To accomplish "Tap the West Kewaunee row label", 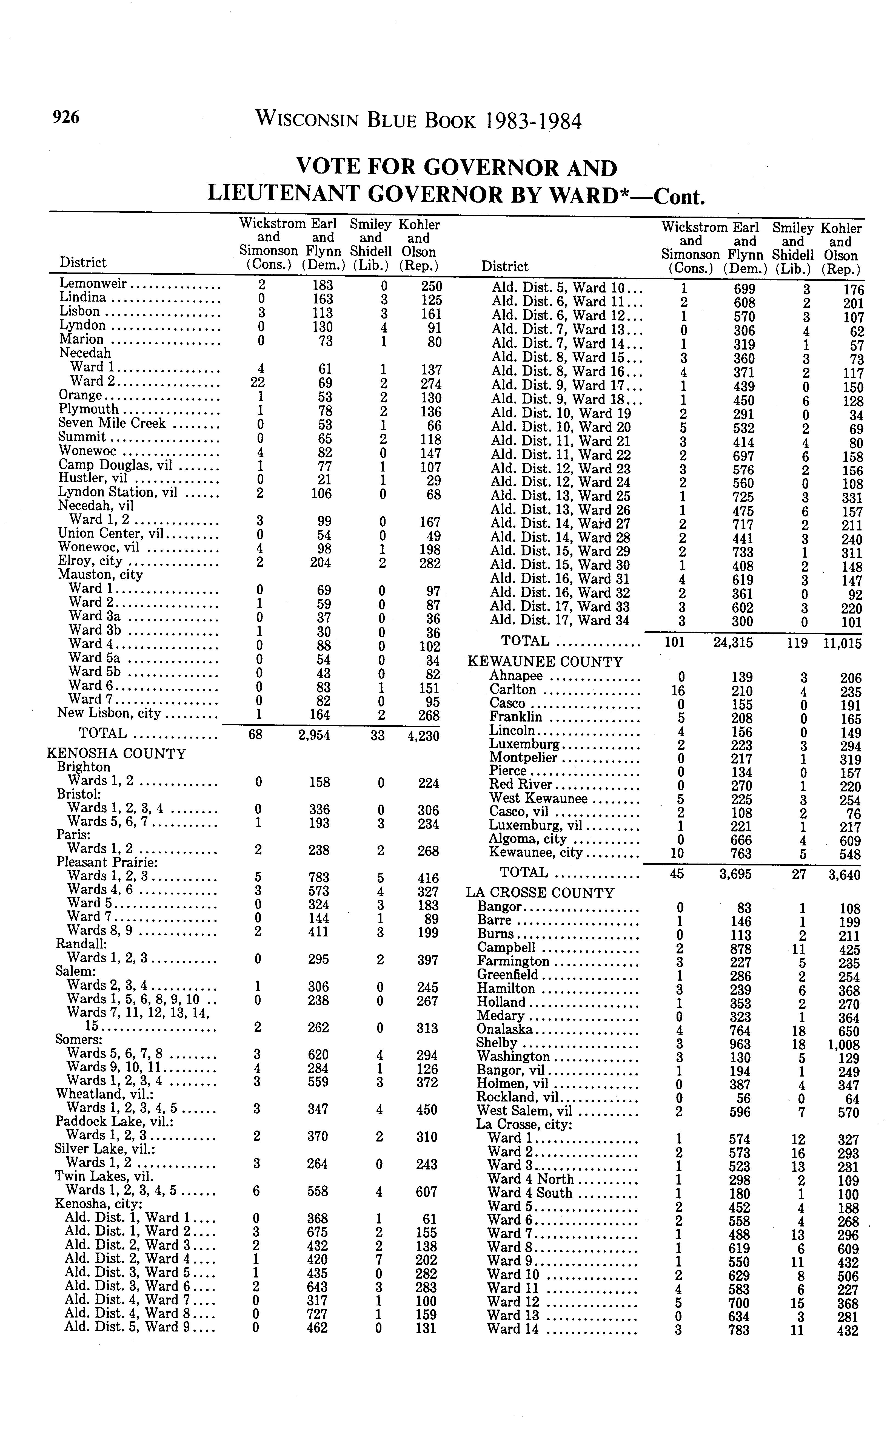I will pos(538,799).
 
